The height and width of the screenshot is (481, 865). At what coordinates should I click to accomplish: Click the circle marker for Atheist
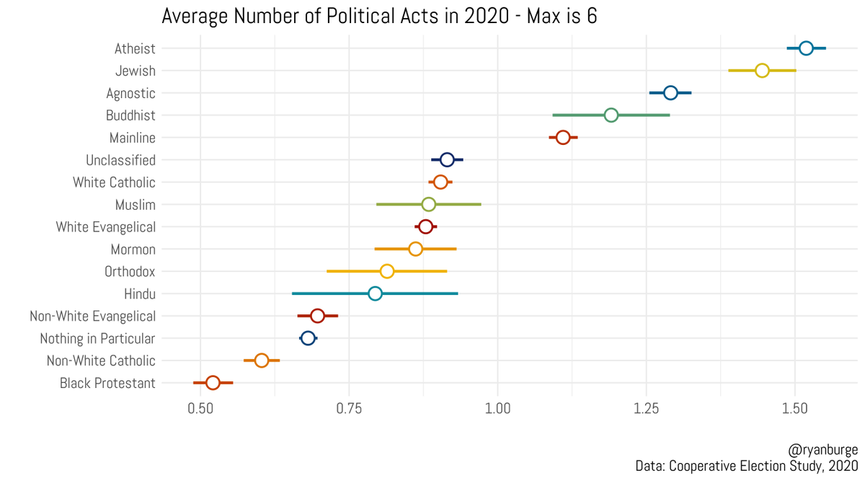806,48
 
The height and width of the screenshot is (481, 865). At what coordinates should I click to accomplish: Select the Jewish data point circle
762,71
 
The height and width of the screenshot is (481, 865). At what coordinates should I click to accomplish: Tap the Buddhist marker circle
611,115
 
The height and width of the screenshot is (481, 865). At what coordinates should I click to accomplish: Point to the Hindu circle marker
375,294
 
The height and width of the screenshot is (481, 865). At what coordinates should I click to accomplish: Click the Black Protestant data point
213,383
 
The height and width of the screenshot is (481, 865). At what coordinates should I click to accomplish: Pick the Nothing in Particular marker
308,338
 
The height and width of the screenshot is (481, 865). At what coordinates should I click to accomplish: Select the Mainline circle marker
563,138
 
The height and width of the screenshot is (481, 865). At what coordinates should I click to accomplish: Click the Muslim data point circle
428,205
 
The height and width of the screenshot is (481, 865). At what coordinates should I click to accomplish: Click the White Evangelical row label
106,227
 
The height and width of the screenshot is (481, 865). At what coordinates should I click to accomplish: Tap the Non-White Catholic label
101,361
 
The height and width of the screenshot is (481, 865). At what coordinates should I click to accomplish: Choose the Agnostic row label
130,93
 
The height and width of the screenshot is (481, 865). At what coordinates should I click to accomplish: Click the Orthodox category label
130,272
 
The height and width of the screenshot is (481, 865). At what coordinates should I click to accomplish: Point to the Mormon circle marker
415,249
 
